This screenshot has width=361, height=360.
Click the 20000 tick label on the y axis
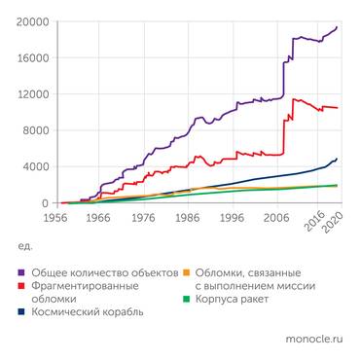tap(31, 21)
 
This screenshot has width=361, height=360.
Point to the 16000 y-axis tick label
tap(31, 57)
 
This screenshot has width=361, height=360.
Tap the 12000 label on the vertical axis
tap(31, 94)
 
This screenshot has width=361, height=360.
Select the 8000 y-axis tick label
tap(34, 130)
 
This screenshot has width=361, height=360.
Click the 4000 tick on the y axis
tap(34, 166)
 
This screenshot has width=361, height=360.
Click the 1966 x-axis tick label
tap(97, 218)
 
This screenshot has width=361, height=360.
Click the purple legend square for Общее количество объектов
tap(21, 273)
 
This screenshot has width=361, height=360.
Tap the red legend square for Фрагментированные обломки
tap(21, 287)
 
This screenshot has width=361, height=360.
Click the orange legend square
tap(188, 273)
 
